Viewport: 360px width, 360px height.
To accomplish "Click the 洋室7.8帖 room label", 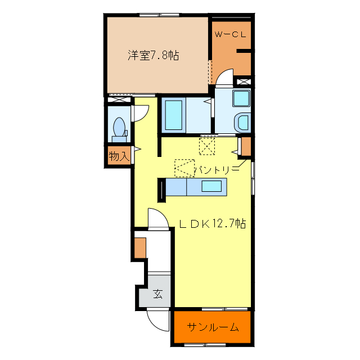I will point(153,56).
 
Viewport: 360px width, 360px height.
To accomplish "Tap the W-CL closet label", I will point(230,34).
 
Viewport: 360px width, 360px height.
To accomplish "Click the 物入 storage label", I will point(119,156).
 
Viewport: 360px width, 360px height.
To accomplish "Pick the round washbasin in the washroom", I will point(243,122).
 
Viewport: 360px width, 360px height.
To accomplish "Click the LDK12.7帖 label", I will point(212,223).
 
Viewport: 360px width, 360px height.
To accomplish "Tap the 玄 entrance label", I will point(159,294).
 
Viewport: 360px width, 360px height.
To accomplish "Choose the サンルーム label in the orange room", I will point(213,327).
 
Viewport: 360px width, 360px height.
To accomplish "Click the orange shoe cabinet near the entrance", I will point(140,247).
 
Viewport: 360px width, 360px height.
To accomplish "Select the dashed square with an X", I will point(208,146).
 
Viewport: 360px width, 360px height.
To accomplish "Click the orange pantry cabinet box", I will point(246,146).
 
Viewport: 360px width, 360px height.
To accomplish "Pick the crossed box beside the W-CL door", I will point(243,82).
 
